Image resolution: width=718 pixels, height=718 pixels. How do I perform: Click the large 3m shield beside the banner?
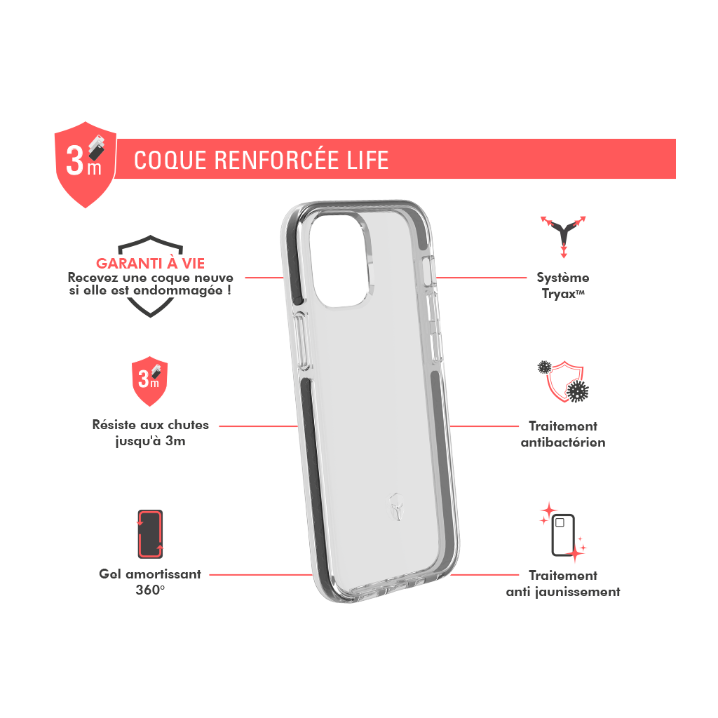pyautogui.click(x=86, y=164)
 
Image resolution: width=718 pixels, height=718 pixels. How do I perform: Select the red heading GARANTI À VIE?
pyautogui.click(x=150, y=264)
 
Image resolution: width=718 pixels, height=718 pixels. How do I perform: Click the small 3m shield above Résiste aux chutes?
pyautogui.click(x=150, y=381)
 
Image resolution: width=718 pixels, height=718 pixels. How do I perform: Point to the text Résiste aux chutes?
pyautogui.click(x=150, y=425)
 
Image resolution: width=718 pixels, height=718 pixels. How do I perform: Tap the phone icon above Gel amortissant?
pyautogui.click(x=150, y=534)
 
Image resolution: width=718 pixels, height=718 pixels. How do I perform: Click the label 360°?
pyautogui.click(x=150, y=590)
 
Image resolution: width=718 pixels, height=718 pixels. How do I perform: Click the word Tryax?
pyautogui.click(x=559, y=294)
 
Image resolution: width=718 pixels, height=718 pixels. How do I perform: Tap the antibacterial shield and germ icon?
pyautogui.click(x=563, y=381)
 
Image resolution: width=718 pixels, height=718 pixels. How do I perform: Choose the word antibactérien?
pyautogui.click(x=563, y=442)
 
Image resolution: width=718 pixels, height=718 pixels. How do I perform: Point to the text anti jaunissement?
pyautogui.click(x=563, y=592)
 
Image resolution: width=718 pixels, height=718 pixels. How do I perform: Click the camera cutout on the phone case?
pyautogui.click(x=341, y=259)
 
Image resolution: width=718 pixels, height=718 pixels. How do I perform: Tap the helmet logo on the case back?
pyautogui.click(x=397, y=506)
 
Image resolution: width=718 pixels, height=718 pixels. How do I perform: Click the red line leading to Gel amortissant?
pyautogui.click(x=261, y=575)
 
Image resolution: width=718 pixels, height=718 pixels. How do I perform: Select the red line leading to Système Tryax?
pyautogui.click(x=481, y=278)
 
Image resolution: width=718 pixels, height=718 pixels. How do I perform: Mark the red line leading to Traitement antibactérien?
pyautogui.click(x=485, y=426)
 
